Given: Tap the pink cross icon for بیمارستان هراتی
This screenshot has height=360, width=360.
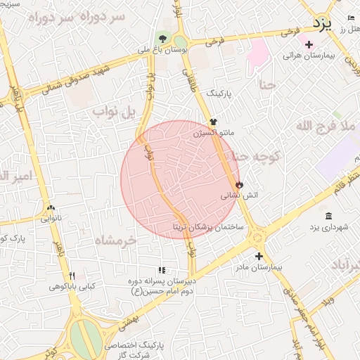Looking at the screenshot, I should (x=309, y=44).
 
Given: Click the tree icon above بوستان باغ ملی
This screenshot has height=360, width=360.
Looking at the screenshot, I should (x=163, y=39).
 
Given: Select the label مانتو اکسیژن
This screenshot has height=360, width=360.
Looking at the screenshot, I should (x=213, y=131).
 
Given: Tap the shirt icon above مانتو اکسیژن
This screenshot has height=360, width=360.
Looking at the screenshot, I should (x=213, y=122).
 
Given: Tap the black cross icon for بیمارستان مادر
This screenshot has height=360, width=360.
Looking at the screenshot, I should (x=259, y=256).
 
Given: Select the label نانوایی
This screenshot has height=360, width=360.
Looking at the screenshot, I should (x=51, y=219).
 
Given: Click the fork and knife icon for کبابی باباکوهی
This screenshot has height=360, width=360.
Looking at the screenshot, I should (x=71, y=275).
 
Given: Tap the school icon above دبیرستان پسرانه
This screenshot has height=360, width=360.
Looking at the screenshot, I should (x=162, y=270).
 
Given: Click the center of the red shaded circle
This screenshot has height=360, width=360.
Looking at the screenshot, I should (x=180, y=180).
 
